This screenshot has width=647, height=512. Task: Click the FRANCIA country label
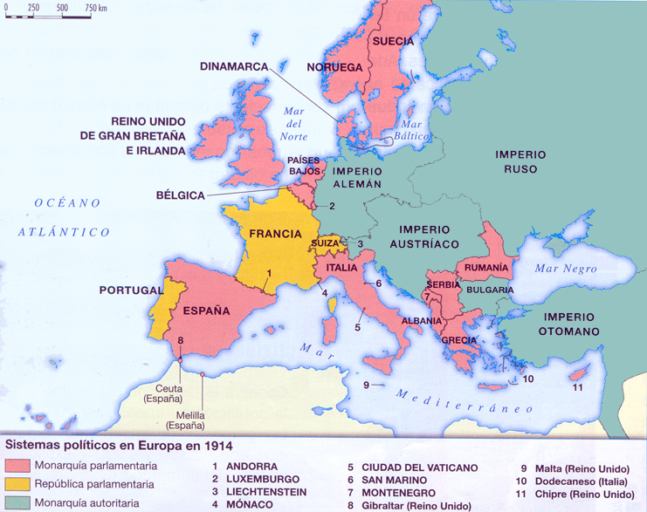275,234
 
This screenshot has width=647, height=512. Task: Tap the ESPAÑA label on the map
206,310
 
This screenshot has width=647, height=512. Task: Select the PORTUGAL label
130,290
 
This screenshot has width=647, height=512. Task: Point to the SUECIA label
393,41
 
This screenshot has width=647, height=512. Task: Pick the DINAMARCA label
234,65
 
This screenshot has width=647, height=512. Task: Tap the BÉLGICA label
181,195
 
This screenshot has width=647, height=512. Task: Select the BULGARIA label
490,289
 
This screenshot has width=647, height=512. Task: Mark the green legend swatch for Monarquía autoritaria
17,502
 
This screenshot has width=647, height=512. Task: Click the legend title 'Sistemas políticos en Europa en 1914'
120,446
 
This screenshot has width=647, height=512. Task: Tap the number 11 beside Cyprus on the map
577,387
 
